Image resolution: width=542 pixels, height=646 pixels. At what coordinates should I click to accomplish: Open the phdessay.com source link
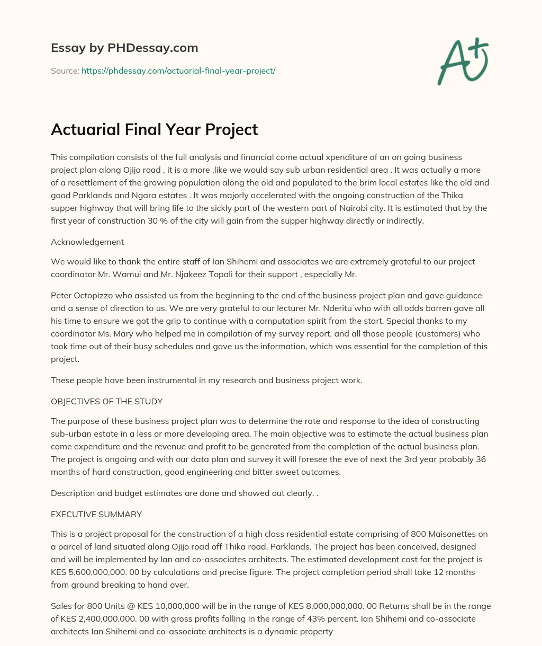click(x=178, y=70)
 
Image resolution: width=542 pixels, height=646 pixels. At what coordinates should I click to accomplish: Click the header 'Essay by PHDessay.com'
click(x=124, y=48)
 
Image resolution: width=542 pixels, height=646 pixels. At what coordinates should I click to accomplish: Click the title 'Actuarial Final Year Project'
click(x=154, y=129)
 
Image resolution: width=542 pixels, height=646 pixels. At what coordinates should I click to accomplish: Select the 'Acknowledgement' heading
click(x=87, y=242)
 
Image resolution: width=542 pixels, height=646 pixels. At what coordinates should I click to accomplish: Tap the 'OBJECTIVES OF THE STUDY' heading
click(x=106, y=401)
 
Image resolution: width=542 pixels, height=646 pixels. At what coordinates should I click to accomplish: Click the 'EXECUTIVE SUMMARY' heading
click(x=96, y=514)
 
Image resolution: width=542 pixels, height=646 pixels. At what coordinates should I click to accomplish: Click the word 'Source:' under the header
click(x=65, y=70)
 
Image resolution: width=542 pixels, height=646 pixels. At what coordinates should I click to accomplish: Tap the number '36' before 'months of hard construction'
click(x=480, y=459)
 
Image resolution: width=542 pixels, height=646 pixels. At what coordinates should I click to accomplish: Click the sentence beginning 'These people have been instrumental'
click(x=206, y=380)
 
